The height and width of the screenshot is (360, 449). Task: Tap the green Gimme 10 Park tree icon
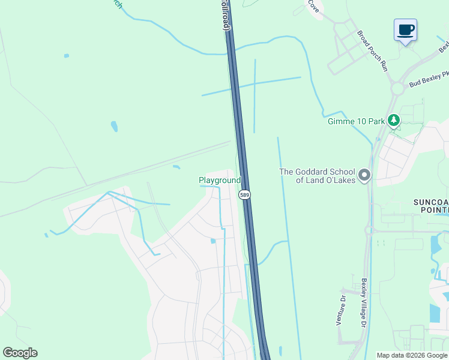coord(394,120)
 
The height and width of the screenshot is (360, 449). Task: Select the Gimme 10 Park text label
coord(356,121)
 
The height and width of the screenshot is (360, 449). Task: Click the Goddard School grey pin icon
coord(364,175)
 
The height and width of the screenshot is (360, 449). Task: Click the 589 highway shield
coord(244,195)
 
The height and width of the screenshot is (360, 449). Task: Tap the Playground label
coord(220,180)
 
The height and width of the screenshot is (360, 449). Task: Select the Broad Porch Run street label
coord(373,52)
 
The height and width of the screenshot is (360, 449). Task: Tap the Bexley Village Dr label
coord(364,303)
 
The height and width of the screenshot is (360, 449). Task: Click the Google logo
coord(20,353)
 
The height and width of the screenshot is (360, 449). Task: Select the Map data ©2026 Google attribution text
coord(411,355)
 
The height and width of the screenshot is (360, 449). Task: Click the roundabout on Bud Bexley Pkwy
coord(397,89)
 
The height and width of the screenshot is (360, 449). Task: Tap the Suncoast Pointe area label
coord(430,206)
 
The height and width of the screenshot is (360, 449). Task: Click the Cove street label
coord(313,6)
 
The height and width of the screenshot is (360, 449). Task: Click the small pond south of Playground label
coord(213,241)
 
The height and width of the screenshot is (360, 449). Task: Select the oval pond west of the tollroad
coord(114,127)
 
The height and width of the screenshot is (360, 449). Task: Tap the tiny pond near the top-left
coord(66,56)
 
